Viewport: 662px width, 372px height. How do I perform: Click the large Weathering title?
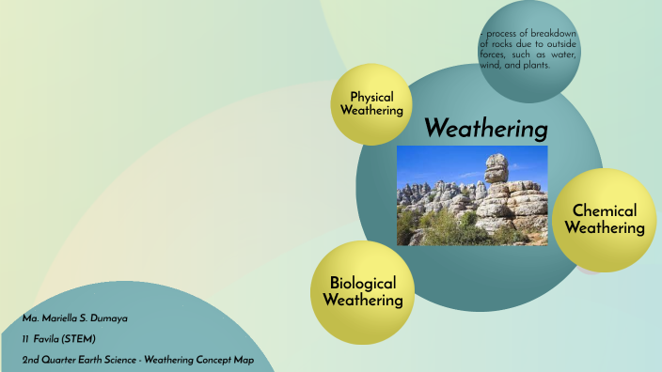486,127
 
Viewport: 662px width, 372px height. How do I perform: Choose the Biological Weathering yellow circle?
363,291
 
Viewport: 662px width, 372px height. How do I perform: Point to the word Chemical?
605,210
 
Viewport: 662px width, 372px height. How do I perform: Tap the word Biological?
363,283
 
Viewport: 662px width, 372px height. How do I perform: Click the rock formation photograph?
472,195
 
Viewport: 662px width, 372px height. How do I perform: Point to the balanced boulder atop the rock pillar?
496,169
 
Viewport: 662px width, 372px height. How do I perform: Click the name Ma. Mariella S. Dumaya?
75,318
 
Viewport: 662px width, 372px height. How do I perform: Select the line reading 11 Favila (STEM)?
60,338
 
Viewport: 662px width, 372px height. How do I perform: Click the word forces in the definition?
496,55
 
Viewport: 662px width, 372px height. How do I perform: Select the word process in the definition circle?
503,35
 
